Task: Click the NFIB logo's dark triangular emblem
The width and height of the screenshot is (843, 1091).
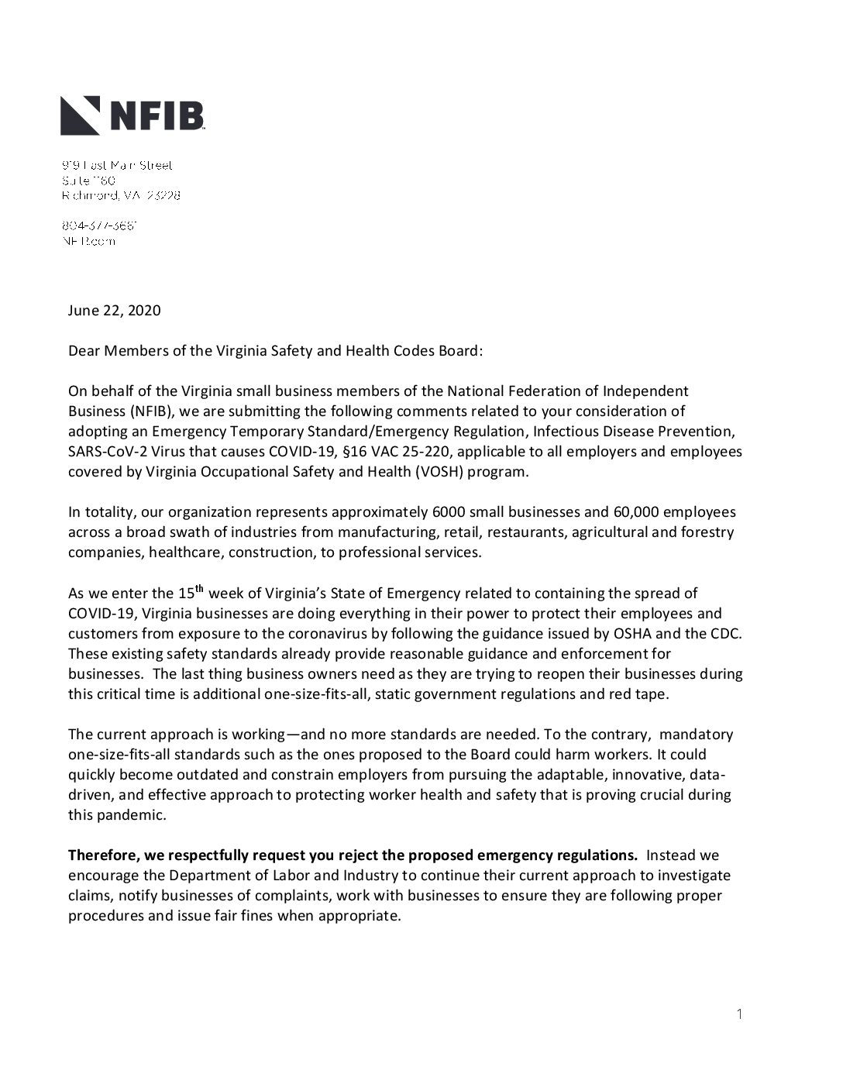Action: [x=81, y=115]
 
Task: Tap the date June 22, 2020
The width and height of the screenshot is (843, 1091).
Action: [x=114, y=311]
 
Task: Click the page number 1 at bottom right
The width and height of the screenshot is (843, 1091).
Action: [x=739, y=1014]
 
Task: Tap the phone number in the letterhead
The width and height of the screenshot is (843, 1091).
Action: [x=100, y=226]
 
